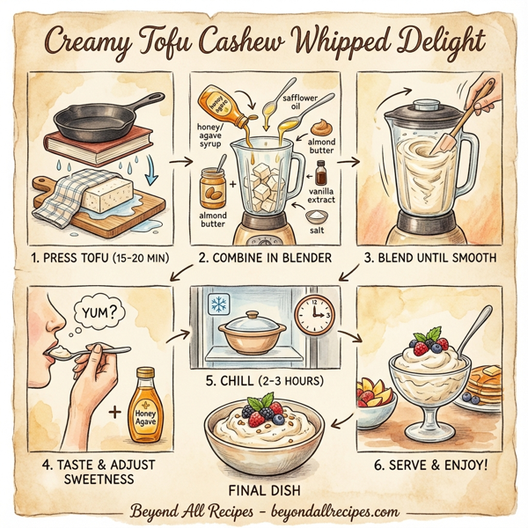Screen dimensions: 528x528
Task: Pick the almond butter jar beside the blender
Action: [214, 187]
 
